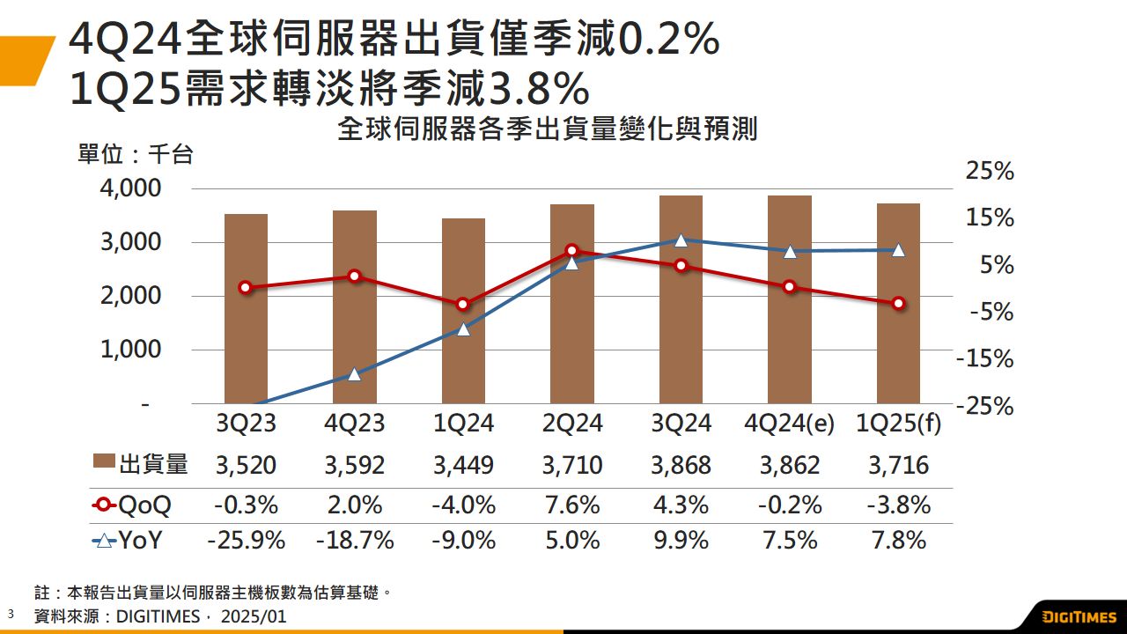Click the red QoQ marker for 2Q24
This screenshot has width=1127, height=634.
tap(572, 251)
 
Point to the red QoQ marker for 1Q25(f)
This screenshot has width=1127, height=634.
tap(899, 304)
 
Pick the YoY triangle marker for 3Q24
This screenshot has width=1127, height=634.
tap(681, 240)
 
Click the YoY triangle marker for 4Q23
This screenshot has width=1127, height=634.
tap(354, 374)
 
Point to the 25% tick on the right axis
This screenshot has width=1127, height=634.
tap(990, 172)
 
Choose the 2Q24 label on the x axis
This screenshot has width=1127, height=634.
tap(572, 424)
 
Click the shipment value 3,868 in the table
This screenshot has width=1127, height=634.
tap(681, 465)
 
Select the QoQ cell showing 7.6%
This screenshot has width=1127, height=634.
tap(572, 505)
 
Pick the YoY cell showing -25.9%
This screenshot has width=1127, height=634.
tap(246, 540)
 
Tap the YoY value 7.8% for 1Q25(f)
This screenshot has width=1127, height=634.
tap(898, 540)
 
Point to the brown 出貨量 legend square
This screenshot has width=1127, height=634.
tap(104, 464)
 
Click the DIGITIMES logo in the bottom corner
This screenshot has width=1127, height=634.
tap(1078, 616)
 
